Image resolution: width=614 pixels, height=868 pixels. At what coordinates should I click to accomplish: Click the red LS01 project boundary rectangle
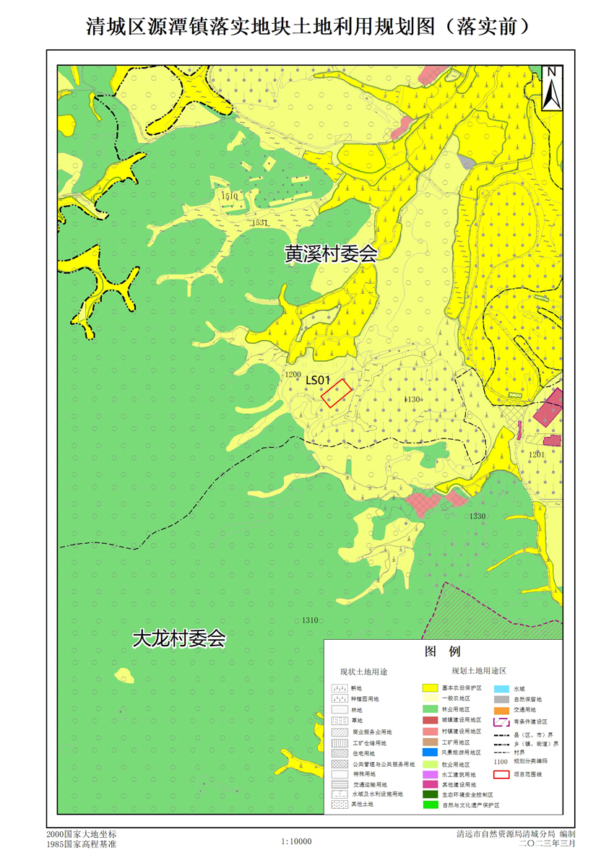pyautogui.click(x=337, y=394)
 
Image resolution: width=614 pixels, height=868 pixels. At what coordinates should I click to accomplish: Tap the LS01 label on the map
pyautogui.click(x=318, y=380)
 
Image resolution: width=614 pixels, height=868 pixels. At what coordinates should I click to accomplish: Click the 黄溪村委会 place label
pyautogui.click(x=331, y=254)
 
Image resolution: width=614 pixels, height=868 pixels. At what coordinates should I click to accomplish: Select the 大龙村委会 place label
pyautogui.click(x=179, y=639)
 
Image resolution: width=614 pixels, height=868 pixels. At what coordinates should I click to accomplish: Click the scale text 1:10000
pyautogui.click(x=296, y=841)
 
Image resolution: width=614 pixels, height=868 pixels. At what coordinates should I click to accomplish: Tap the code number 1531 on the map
pyautogui.click(x=260, y=223)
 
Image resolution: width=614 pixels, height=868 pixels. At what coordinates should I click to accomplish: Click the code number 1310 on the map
pyautogui.click(x=310, y=620)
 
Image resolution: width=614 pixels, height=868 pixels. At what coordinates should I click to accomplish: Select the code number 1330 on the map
pyautogui.click(x=477, y=516)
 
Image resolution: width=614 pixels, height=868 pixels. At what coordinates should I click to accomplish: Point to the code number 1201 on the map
pyautogui.click(x=536, y=454)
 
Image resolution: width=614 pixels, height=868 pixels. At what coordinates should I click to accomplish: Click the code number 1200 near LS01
pyautogui.click(x=293, y=375)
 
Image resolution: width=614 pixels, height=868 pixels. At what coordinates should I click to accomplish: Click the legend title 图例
pyautogui.click(x=443, y=651)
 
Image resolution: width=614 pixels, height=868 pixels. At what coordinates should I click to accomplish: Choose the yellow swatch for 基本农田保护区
pyautogui.click(x=431, y=689)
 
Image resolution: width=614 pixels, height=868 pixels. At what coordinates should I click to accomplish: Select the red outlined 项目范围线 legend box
pyautogui.click(x=502, y=775)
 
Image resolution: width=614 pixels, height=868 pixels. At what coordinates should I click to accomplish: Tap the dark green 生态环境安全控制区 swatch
pyautogui.click(x=431, y=794)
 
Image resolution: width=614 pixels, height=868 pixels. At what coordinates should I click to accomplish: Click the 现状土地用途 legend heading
pyautogui.click(x=364, y=672)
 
